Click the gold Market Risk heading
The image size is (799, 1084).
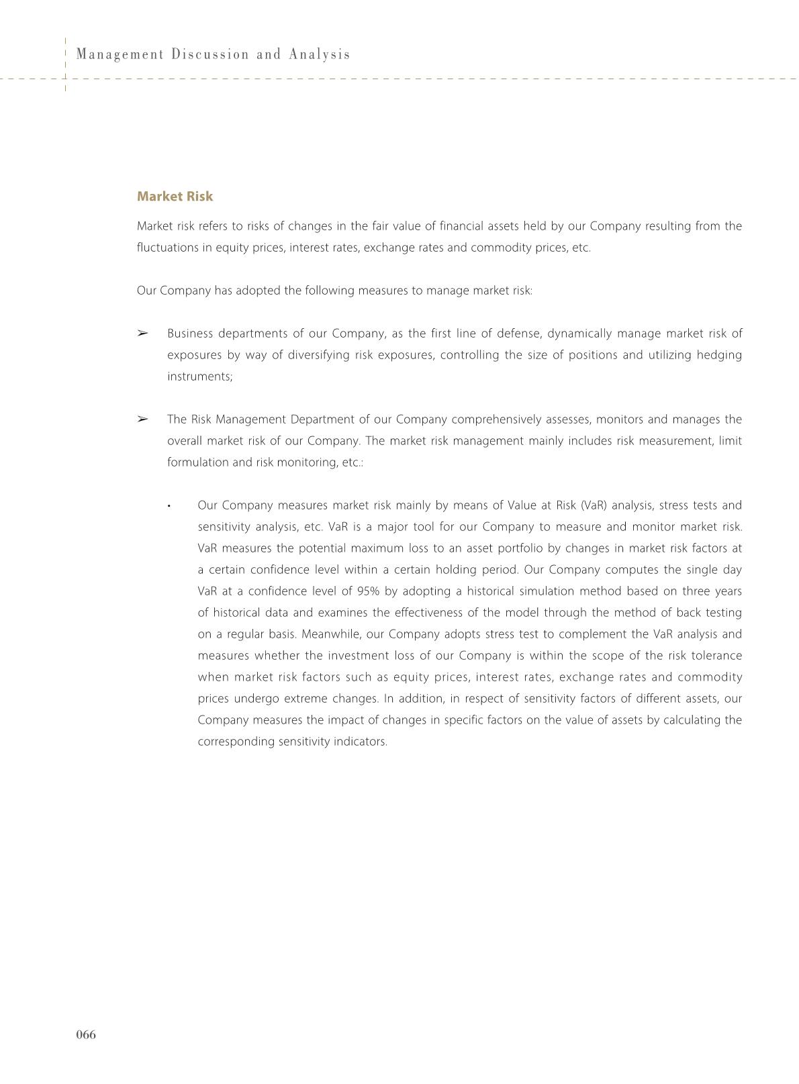[175, 197]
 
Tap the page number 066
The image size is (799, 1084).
[86, 1034]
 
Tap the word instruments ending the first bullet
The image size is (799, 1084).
[199, 377]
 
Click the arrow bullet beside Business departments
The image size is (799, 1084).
[142, 334]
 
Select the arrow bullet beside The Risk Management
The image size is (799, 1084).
[142, 420]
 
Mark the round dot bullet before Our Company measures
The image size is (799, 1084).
[170, 506]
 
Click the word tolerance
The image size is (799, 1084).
[715, 656]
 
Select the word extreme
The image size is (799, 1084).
[306, 699]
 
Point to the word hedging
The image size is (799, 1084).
[720, 355]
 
